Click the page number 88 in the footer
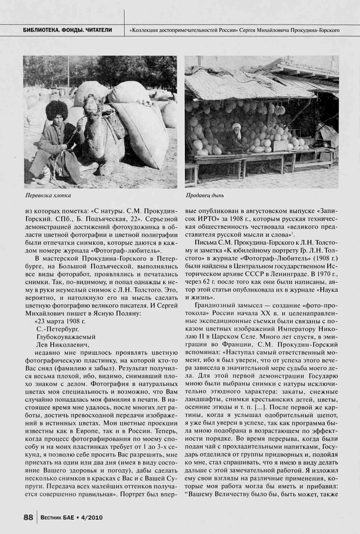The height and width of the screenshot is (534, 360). point(28,517)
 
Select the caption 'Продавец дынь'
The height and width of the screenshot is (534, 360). point(205,196)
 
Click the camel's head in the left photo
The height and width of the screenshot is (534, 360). point(91,104)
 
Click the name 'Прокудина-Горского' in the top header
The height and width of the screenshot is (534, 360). point(314,31)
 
